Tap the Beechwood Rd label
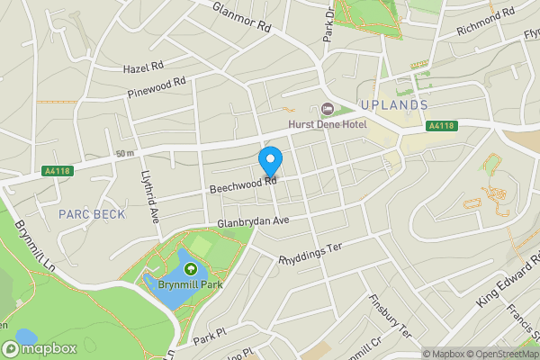click(x=241, y=184)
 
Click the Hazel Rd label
click(x=144, y=67)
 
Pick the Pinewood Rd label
click(x=156, y=87)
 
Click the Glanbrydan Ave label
click(x=253, y=221)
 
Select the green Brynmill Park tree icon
click(x=190, y=268)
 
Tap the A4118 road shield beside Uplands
click(x=441, y=126)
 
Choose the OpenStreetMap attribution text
click(x=499, y=354)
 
